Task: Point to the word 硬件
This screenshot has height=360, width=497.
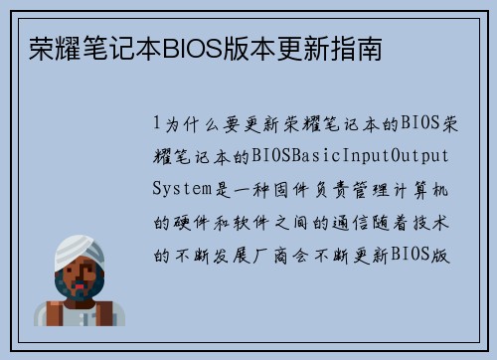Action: (189, 222)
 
